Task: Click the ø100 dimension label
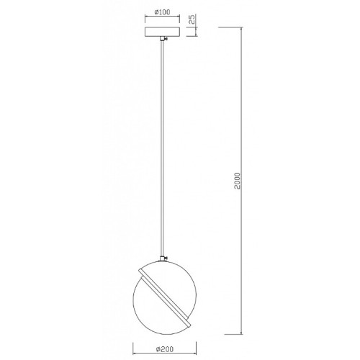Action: pos(162,12)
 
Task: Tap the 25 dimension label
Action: pos(192,19)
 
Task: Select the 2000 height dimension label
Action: pos(237,181)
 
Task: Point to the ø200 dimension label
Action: pos(164,348)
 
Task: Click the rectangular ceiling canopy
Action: pos(162,32)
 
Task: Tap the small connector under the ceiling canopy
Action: pos(163,39)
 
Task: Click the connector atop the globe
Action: pos(163,258)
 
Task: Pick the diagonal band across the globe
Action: pos(165,297)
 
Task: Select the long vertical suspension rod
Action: pos(163,149)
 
